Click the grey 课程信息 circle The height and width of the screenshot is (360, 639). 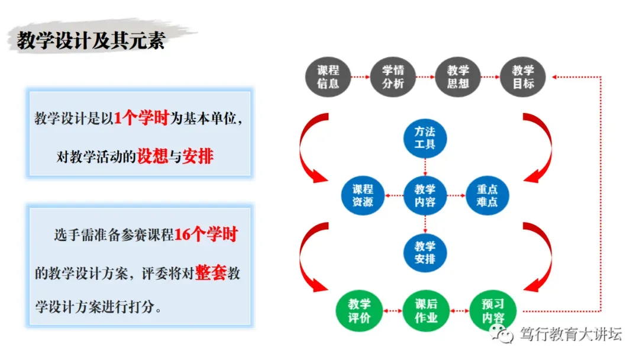[328, 77]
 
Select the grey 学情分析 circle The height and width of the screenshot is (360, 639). [393, 77]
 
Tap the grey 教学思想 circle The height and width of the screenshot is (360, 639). [458, 77]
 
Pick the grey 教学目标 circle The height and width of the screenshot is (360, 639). [523, 77]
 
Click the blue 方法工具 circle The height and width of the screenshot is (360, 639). [425, 137]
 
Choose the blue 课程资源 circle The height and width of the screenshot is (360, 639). [363, 195]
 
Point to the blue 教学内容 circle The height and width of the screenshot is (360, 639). [425, 195]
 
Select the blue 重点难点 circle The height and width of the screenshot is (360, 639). [487, 195]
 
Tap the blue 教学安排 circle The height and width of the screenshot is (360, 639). [425, 253]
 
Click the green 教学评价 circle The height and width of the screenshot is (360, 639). [359, 310]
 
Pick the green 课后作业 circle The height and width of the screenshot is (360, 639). [425, 310]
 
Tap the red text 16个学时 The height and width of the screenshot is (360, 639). [205, 235]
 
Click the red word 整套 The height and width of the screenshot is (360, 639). [211, 274]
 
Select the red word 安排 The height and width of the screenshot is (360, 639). [198, 157]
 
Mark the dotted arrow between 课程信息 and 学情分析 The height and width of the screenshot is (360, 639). [360, 77]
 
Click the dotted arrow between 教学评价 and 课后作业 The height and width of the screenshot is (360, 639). [392, 310]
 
